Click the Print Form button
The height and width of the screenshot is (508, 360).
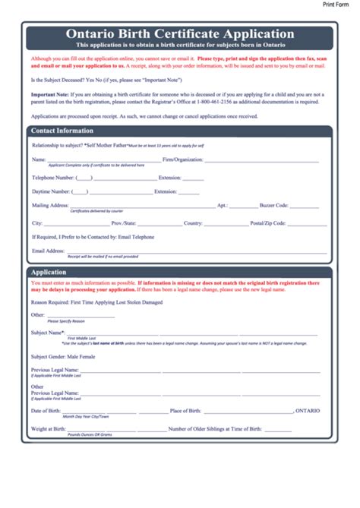click(340, 5)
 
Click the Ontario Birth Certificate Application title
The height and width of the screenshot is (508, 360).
click(180, 33)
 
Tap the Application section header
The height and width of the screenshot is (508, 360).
click(48, 271)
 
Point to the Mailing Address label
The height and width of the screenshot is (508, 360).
click(50, 205)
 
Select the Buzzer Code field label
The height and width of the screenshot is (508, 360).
click(272, 205)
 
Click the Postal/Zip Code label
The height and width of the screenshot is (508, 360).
click(268, 223)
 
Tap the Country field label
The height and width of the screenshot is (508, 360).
click(193, 223)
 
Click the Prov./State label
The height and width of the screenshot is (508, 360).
click(124, 223)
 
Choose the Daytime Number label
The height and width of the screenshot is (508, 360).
click(51, 191)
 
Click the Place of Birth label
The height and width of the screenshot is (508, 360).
click(185, 411)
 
